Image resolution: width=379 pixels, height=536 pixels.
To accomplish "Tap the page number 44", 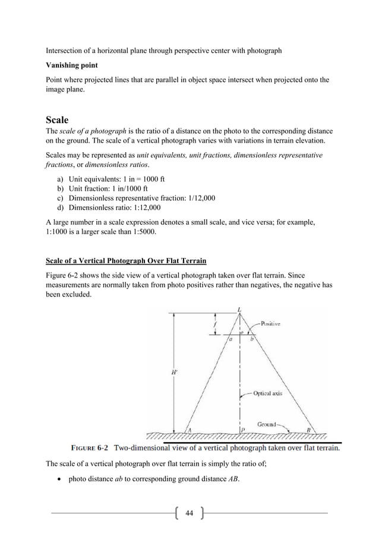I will pos(190,513).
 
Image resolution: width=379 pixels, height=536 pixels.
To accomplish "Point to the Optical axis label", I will pos(271,393).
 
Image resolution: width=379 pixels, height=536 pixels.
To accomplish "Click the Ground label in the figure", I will pos(267,424).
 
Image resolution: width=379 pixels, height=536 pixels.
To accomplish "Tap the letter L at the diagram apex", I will pos(239,309).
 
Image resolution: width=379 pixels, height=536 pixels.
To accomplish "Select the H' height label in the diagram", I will pos(174,373).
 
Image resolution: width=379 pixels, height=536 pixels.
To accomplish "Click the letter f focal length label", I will pos(214,324).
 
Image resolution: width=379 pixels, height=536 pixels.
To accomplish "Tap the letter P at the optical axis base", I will pos(242,430).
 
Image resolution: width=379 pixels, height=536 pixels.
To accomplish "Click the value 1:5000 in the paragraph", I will pos(144,232).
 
